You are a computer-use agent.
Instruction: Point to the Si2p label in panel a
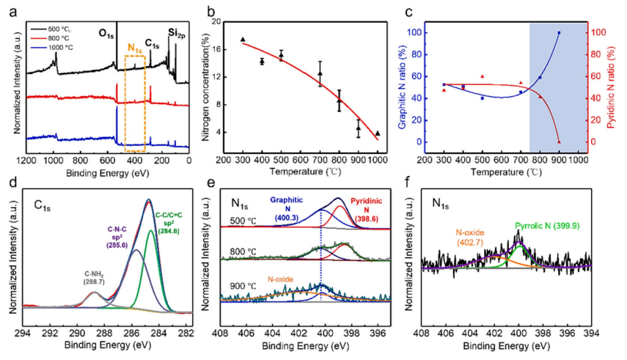(x=175, y=33)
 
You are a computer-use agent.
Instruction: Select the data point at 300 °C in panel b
(x=243, y=39)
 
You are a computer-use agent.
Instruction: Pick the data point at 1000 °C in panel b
(x=378, y=133)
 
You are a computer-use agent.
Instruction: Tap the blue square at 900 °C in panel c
(x=559, y=33)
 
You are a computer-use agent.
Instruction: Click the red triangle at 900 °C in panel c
(x=559, y=142)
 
